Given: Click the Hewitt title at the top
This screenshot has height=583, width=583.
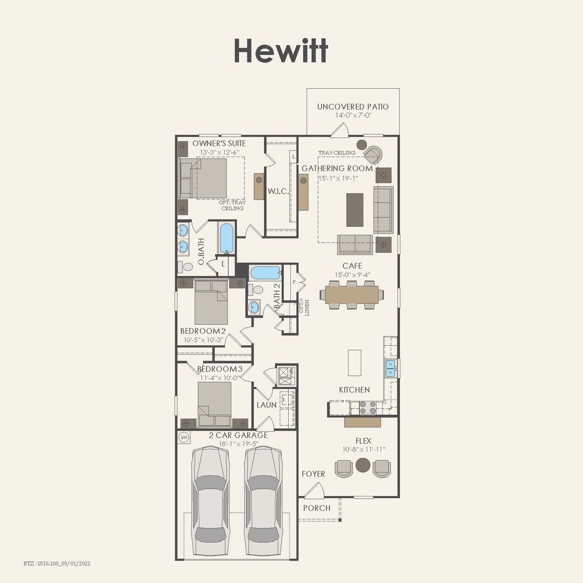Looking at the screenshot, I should (x=281, y=51).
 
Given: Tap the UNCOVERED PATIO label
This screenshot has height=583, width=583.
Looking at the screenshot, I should (x=353, y=107).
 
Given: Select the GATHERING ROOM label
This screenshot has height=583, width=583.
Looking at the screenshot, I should (x=337, y=169).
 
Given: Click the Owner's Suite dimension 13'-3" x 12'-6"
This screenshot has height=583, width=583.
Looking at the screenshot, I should (x=219, y=152).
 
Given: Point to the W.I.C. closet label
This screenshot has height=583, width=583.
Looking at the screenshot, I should (x=278, y=191).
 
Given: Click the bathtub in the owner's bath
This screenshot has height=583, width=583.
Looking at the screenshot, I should (x=226, y=238).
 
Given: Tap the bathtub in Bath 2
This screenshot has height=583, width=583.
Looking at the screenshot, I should (x=265, y=273).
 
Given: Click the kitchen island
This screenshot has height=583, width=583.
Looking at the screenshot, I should (x=354, y=363).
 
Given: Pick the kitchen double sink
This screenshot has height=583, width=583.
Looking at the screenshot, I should (x=390, y=368).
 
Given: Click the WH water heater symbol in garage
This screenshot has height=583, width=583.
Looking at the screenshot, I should (x=184, y=437).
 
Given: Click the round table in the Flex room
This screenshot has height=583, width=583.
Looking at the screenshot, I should (x=363, y=465).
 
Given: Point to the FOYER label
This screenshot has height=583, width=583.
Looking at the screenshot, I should (x=313, y=474).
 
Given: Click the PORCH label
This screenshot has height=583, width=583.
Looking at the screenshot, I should (x=317, y=508).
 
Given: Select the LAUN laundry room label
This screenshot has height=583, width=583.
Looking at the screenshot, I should (x=266, y=404).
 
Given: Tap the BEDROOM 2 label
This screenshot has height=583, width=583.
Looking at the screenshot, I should (x=203, y=331).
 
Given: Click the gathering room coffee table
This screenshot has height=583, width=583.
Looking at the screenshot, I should (x=355, y=210).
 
